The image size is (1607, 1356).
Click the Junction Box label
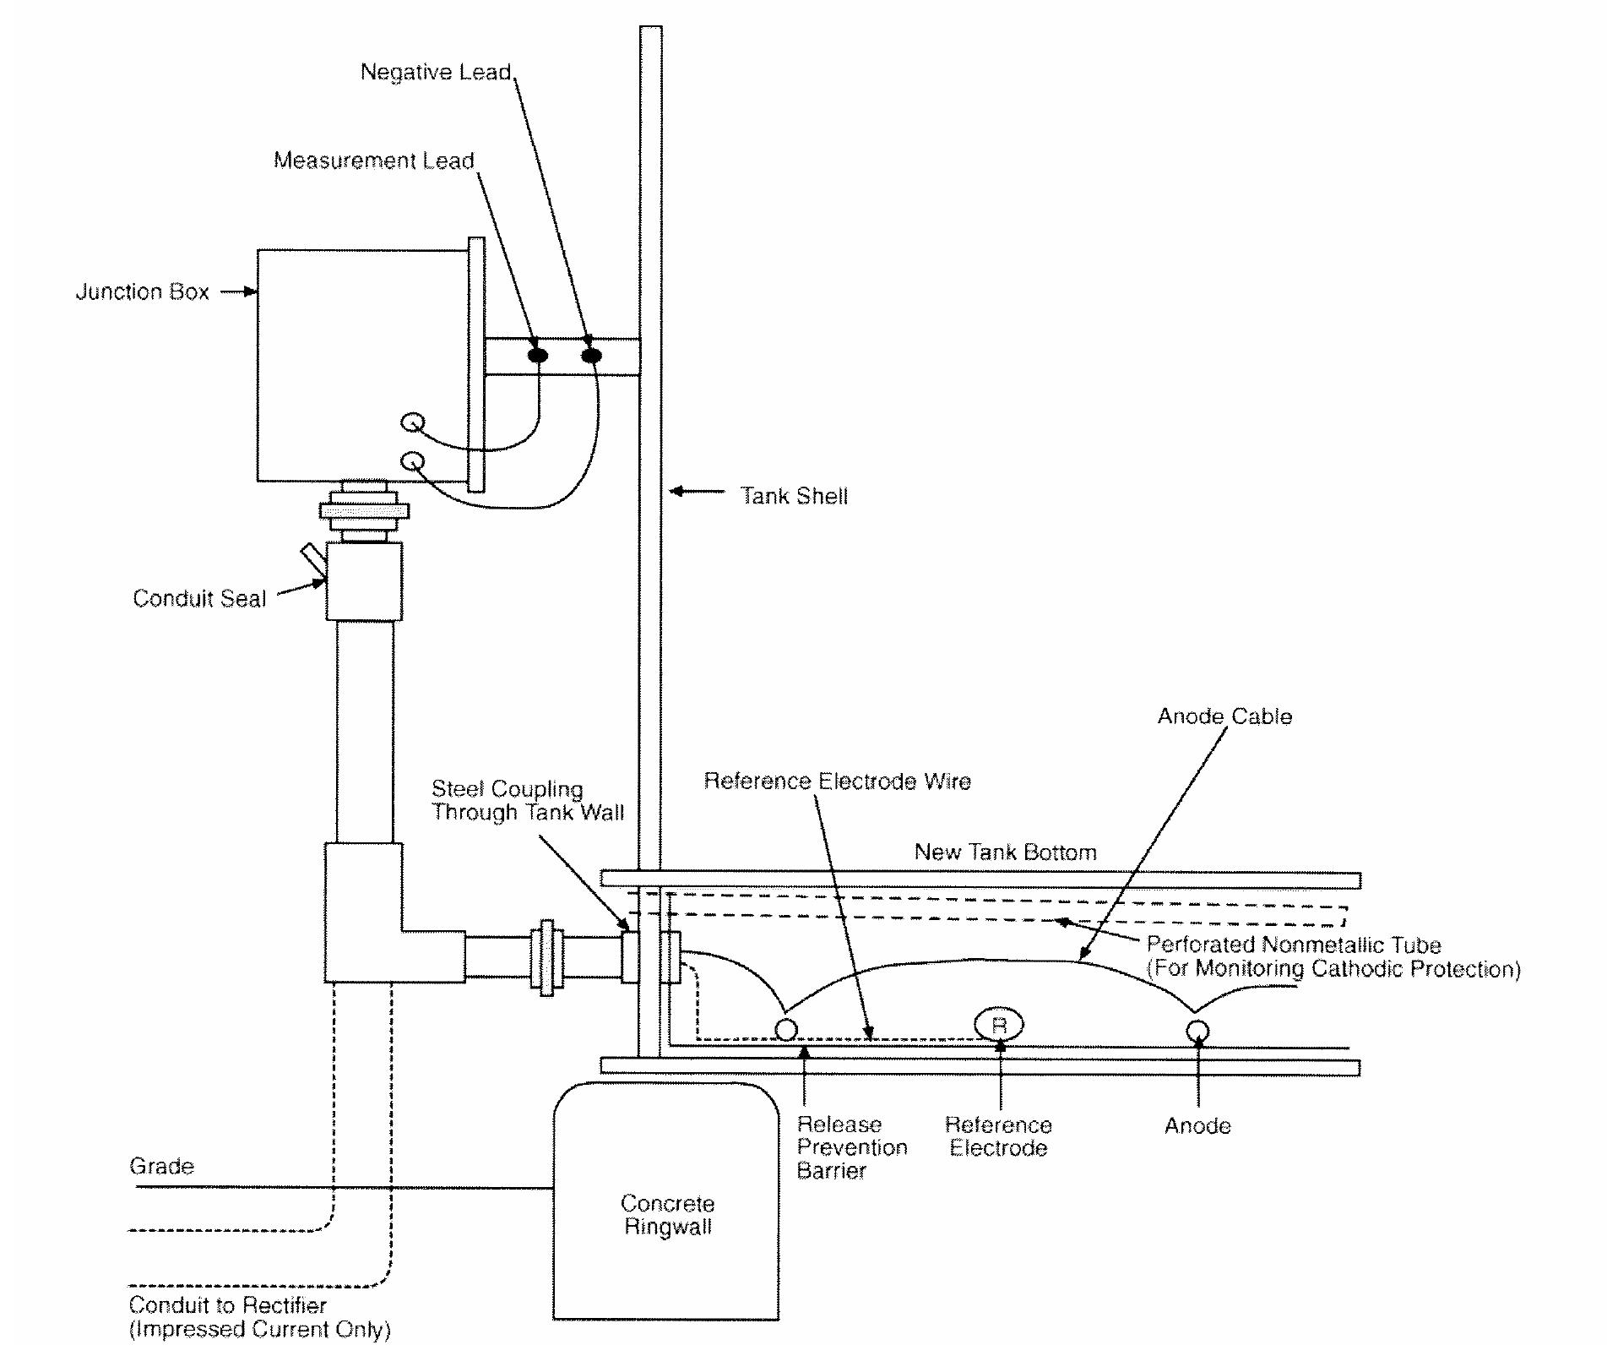142,291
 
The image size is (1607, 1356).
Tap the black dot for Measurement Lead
537,356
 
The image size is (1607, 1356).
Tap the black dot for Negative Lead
591,356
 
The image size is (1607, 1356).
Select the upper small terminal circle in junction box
412,422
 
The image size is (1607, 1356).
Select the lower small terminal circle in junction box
413,461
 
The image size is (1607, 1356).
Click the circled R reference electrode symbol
999,1025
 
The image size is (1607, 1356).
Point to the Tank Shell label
793,496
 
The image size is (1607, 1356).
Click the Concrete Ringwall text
667,1215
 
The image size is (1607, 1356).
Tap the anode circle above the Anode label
1197,1031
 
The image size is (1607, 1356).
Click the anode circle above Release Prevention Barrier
785,1030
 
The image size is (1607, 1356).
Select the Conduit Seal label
199,598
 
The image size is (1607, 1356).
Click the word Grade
161,1166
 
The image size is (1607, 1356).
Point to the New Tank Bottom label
1005,852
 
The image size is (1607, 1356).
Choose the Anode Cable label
1224,716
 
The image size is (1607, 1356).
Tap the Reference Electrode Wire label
837,781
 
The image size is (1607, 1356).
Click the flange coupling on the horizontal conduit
546,957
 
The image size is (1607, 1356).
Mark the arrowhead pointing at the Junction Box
251,291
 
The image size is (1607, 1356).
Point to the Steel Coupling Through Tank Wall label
527,800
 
